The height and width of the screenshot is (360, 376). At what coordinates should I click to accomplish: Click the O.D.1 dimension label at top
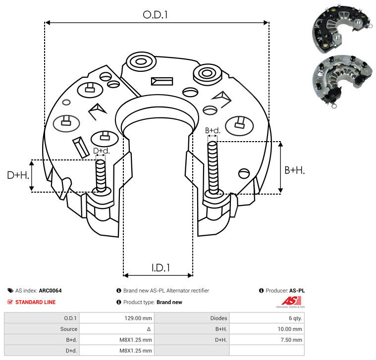(156, 15)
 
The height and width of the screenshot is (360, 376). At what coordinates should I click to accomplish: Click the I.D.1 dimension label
(161, 268)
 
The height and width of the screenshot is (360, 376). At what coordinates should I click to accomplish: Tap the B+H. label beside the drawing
(294, 170)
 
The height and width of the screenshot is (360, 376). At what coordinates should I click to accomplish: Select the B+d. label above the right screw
(213, 131)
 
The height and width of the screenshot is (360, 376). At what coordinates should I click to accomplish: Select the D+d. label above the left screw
(101, 151)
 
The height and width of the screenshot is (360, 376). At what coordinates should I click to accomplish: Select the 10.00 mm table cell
(290, 329)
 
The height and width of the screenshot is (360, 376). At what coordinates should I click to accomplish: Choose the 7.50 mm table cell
(291, 340)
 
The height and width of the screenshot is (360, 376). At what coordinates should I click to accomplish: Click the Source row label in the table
(68, 329)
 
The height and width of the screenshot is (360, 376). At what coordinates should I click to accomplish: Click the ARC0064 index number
(50, 291)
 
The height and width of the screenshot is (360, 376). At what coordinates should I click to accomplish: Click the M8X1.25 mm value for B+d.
(135, 340)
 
